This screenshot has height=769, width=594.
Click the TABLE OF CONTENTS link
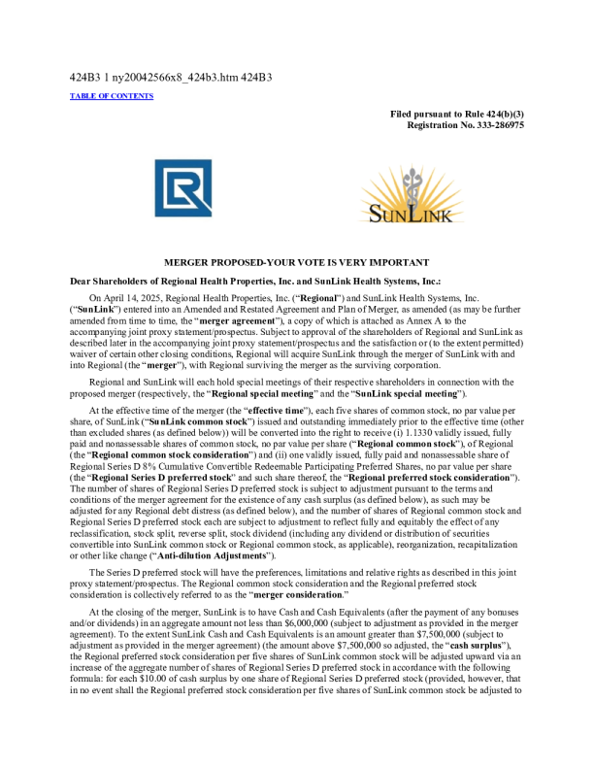111,96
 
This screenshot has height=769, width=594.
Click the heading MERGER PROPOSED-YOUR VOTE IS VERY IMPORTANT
296,263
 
